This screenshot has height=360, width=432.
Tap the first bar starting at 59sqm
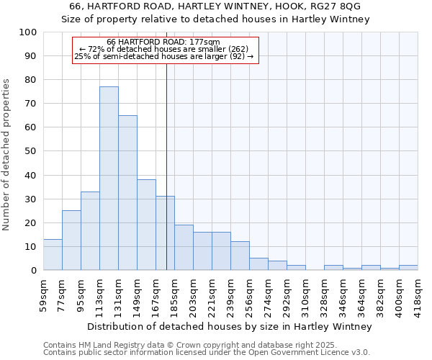click(53, 255)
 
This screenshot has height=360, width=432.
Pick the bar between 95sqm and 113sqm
click(90, 231)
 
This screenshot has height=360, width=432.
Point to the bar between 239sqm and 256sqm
click(240, 256)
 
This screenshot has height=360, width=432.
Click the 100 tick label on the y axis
click(28, 32)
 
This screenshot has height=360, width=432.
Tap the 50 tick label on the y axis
click(31, 151)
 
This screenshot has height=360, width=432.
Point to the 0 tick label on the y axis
click(34, 271)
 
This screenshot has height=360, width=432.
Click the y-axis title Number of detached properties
click(7, 156)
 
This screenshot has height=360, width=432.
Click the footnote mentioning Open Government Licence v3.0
click(207, 352)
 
